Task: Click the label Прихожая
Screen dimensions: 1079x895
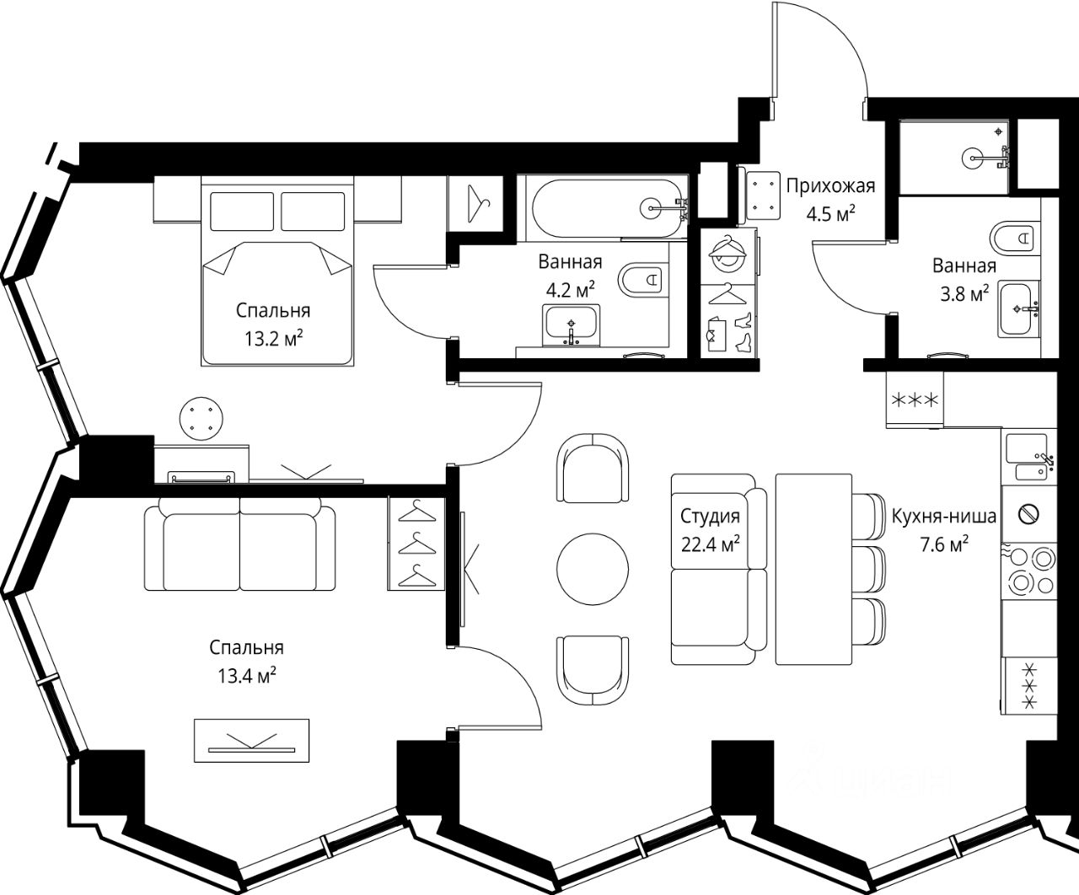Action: tap(830, 186)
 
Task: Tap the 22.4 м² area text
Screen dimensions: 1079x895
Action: tap(710, 544)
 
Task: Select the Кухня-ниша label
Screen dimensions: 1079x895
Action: tap(944, 516)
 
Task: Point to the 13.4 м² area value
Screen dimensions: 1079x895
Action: tap(246, 675)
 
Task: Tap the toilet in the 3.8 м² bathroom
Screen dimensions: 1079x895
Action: tap(1014, 238)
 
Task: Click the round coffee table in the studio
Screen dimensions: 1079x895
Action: tap(593, 569)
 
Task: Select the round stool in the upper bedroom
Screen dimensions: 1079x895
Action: tap(201, 419)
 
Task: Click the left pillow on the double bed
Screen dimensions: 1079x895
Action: tap(242, 212)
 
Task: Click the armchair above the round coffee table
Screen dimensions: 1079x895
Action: tap(593, 468)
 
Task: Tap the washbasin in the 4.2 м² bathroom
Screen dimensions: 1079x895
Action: tap(572, 325)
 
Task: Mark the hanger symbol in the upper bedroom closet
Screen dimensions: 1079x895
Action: tap(477, 204)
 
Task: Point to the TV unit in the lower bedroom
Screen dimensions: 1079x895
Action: tap(252, 741)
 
